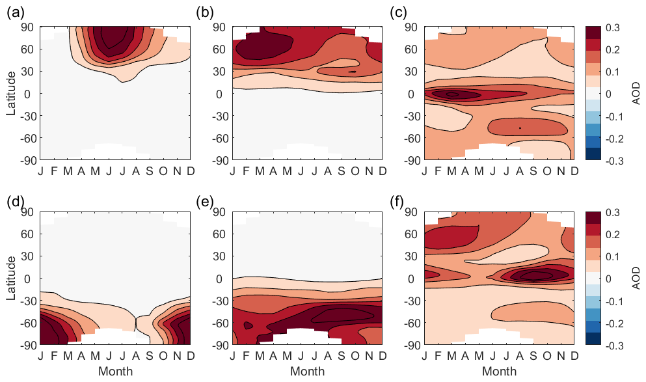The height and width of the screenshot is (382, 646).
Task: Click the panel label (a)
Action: click(x=16, y=12)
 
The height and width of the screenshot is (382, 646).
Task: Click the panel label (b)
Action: click(x=208, y=12)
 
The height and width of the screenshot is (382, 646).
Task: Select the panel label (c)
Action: click(x=399, y=12)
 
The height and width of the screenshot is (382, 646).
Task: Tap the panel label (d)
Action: click(x=16, y=201)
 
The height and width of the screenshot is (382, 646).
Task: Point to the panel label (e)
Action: click(x=208, y=201)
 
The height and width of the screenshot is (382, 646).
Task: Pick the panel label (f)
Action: click(x=399, y=201)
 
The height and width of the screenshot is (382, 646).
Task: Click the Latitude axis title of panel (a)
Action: click(x=11, y=93)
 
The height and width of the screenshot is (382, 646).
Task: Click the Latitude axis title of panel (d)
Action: click(x=11, y=279)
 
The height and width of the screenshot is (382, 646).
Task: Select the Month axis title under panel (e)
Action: click(x=308, y=372)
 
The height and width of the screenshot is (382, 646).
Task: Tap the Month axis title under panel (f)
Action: click(x=500, y=372)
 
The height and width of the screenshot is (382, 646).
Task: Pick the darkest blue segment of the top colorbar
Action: click(x=592, y=154)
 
